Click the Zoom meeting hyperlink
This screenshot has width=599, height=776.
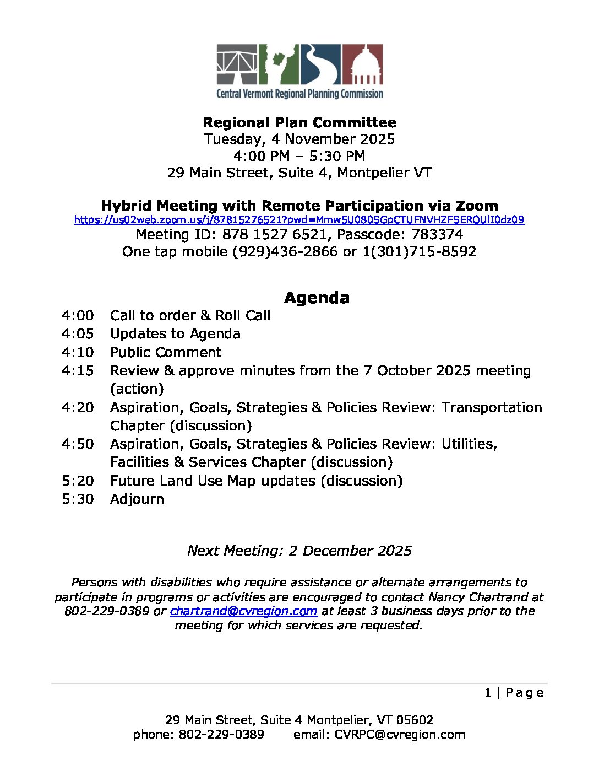pos(299,220)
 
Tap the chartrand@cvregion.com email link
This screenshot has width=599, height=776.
pos(243,611)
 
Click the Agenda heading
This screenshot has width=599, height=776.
pos(317,298)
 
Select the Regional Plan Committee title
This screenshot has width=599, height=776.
pos(299,122)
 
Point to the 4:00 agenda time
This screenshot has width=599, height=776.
pos(78,316)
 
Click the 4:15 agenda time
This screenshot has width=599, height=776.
pos(78,371)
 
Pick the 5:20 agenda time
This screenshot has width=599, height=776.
pos(78,481)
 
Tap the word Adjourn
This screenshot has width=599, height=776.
pos(137,499)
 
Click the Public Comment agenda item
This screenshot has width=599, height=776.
pos(166,353)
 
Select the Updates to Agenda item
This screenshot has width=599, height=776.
pos(175,334)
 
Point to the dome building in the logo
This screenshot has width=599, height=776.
pos(363,64)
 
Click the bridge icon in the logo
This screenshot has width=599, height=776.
pos(237,64)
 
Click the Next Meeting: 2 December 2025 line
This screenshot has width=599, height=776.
pos(299,551)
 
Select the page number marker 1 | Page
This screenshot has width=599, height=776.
pos(514,693)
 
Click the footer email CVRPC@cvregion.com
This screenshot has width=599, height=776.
pos(400,735)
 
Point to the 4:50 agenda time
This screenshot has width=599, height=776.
pos(78,444)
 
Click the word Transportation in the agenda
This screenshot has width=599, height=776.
pos(492,408)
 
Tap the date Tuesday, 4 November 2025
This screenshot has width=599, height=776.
pos(299,139)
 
